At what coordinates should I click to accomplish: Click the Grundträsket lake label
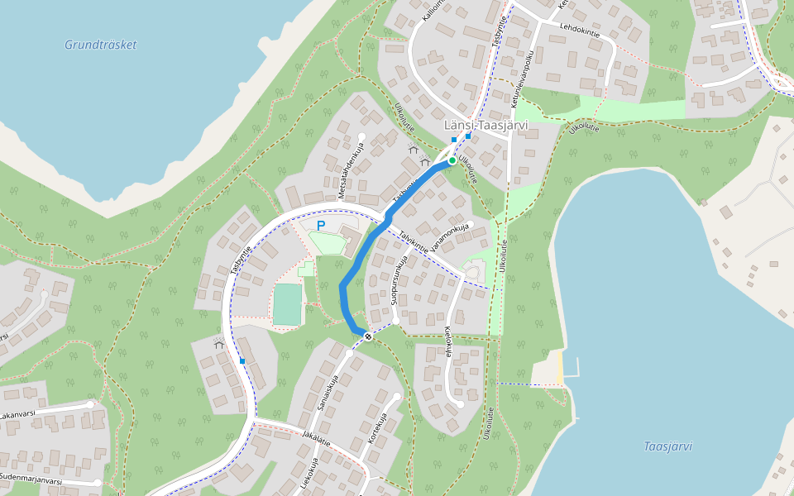click(100, 45)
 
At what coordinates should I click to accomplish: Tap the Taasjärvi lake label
click(667, 446)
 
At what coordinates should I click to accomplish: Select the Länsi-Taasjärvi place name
click(486, 125)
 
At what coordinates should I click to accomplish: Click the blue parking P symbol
click(321, 225)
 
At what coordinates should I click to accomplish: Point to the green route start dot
click(452, 160)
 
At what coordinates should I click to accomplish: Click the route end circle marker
click(367, 336)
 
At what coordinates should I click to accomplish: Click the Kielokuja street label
click(449, 341)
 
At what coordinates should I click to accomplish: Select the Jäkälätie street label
click(316, 437)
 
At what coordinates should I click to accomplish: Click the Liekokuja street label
click(308, 475)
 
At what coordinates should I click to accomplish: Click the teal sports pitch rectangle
click(287, 304)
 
